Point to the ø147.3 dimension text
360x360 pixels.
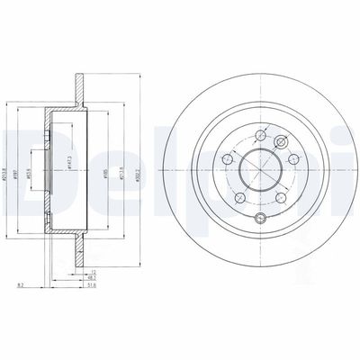pos(69,167)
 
